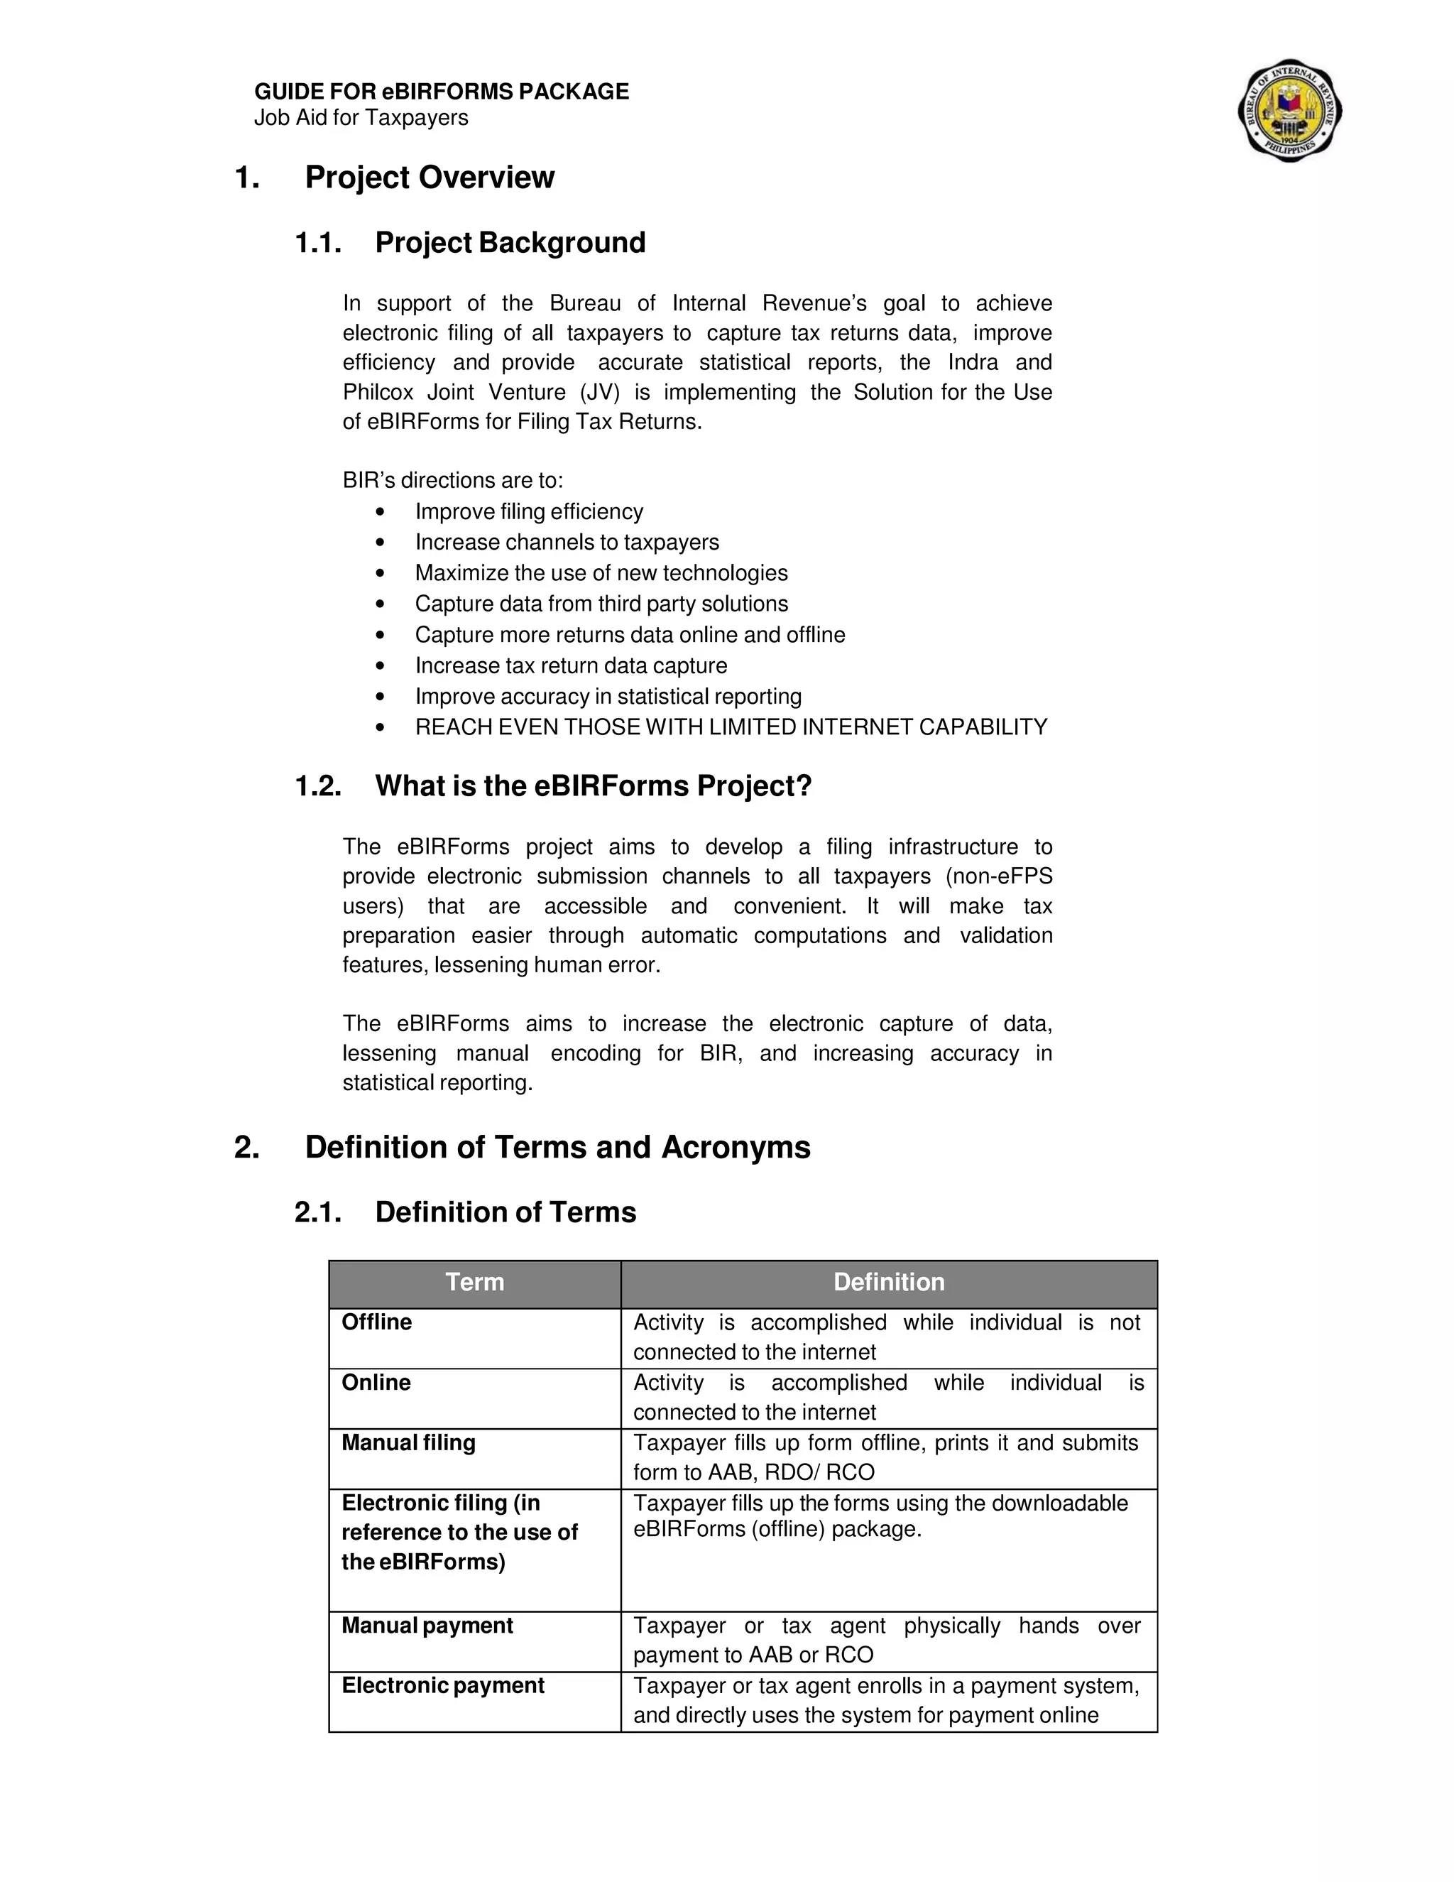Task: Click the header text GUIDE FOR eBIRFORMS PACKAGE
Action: coord(441,92)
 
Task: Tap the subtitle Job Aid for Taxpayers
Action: coord(361,118)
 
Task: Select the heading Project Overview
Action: coord(429,178)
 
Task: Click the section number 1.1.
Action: coord(318,243)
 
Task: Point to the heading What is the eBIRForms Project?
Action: coord(594,786)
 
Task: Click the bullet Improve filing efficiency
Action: coord(529,512)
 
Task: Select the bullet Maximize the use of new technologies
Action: coord(601,573)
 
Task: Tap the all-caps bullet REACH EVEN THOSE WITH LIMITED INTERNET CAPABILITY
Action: coord(731,727)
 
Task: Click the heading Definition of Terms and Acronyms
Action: coord(557,1148)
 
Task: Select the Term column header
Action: coord(475,1282)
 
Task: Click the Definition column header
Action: coord(888,1282)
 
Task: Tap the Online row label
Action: coord(376,1383)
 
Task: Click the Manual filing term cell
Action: coord(408,1443)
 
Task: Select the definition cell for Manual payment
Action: coord(887,1640)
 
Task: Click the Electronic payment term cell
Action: coord(443,1685)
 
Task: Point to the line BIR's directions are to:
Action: coord(452,481)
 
